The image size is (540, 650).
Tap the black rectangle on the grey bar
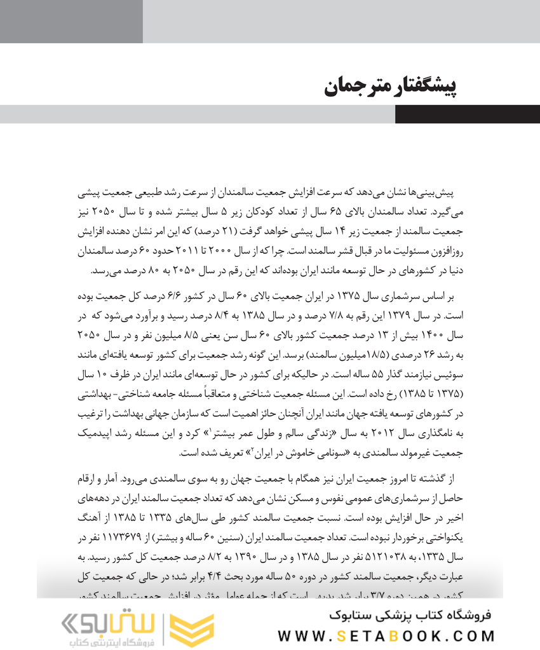467,114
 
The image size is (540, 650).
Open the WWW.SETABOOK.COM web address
386,635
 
